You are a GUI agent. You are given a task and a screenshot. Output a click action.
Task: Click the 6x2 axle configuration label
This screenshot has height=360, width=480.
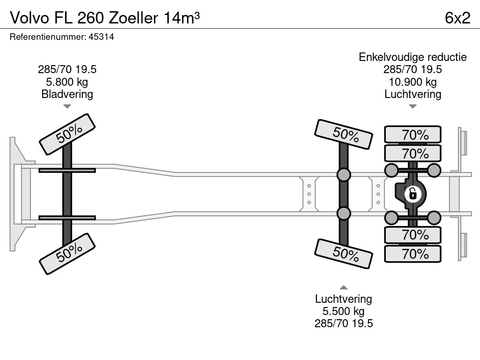(457, 18)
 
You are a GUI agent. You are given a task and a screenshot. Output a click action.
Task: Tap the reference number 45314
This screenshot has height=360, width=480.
(101, 37)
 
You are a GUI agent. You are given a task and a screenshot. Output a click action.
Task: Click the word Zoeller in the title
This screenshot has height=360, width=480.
(134, 18)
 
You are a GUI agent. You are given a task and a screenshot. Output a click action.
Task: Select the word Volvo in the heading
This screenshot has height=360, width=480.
(30, 18)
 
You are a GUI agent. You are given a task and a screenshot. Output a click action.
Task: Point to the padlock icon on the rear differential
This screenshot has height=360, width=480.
(412, 194)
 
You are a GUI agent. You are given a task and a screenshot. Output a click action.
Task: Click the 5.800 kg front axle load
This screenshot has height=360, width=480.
(67, 82)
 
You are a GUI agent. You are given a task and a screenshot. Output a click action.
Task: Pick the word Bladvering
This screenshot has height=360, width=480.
(67, 94)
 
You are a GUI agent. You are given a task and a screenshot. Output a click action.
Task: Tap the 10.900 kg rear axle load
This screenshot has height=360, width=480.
(412, 82)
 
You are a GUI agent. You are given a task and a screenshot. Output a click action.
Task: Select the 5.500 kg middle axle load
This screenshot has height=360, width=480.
(344, 311)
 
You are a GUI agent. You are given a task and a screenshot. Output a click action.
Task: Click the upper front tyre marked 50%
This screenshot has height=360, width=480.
(67, 135)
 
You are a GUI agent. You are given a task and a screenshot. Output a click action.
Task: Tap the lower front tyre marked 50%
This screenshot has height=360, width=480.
(67, 254)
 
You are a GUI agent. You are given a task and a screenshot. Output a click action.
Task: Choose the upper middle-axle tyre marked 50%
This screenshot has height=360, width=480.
(344, 134)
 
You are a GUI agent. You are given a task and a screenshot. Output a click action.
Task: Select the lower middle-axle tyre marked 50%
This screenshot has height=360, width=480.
(344, 254)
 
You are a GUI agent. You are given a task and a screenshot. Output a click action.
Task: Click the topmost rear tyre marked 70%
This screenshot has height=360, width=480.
(412, 135)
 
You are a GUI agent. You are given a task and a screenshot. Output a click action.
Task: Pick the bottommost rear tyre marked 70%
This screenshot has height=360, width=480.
(412, 254)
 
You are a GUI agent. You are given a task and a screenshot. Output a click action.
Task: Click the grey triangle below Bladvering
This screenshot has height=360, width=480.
(67, 106)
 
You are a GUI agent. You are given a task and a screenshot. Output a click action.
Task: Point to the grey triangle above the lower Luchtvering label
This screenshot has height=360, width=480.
(344, 287)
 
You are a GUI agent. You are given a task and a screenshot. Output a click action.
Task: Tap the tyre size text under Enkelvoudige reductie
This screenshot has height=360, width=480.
(412, 69)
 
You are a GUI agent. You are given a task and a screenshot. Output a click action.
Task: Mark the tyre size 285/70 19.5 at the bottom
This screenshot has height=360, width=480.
(344, 323)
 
